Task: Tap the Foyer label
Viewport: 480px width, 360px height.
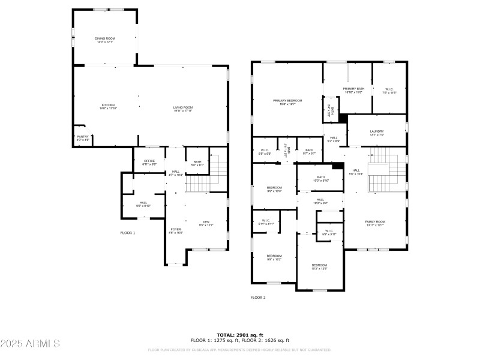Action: [176, 230]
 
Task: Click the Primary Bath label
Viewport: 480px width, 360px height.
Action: [353, 90]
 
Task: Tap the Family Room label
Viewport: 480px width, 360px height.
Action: [375, 223]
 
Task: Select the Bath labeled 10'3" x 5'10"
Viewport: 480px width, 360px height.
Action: [320, 178]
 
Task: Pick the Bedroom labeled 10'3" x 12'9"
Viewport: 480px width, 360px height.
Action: [319, 266]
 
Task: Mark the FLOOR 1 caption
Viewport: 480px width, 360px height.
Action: [127, 233]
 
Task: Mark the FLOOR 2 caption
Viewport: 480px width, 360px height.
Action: [258, 297]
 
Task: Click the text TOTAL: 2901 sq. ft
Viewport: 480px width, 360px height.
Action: [239, 335]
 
